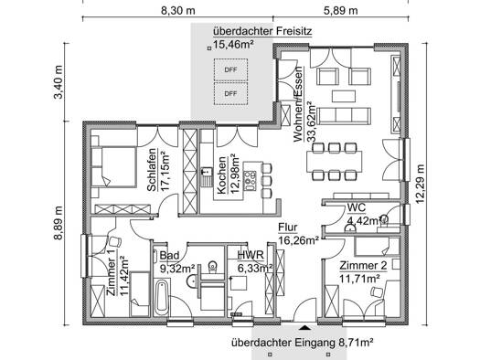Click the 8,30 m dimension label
(x=178, y=10)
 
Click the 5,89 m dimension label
(x=341, y=10)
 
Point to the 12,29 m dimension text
(x=420, y=185)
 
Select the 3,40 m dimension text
(x=58, y=82)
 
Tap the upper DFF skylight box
(x=230, y=69)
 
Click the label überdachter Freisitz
(x=262, y=31)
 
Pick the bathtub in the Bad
(x=161, y=297)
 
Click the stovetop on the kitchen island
(x=250, y=181)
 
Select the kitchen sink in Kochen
(x=207, y=176)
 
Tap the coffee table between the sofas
(x=345, y=96)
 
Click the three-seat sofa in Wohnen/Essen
(x=344, y=116)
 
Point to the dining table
(x=335, y=162)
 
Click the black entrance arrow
(x=304, y=328)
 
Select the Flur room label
(x=287, y=228)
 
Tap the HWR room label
(x=251, y=255)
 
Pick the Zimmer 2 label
(x=363, y=265)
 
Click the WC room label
(x=357, y=207)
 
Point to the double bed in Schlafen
(x=114, y=166)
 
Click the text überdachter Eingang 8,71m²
(x=302, y=343)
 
